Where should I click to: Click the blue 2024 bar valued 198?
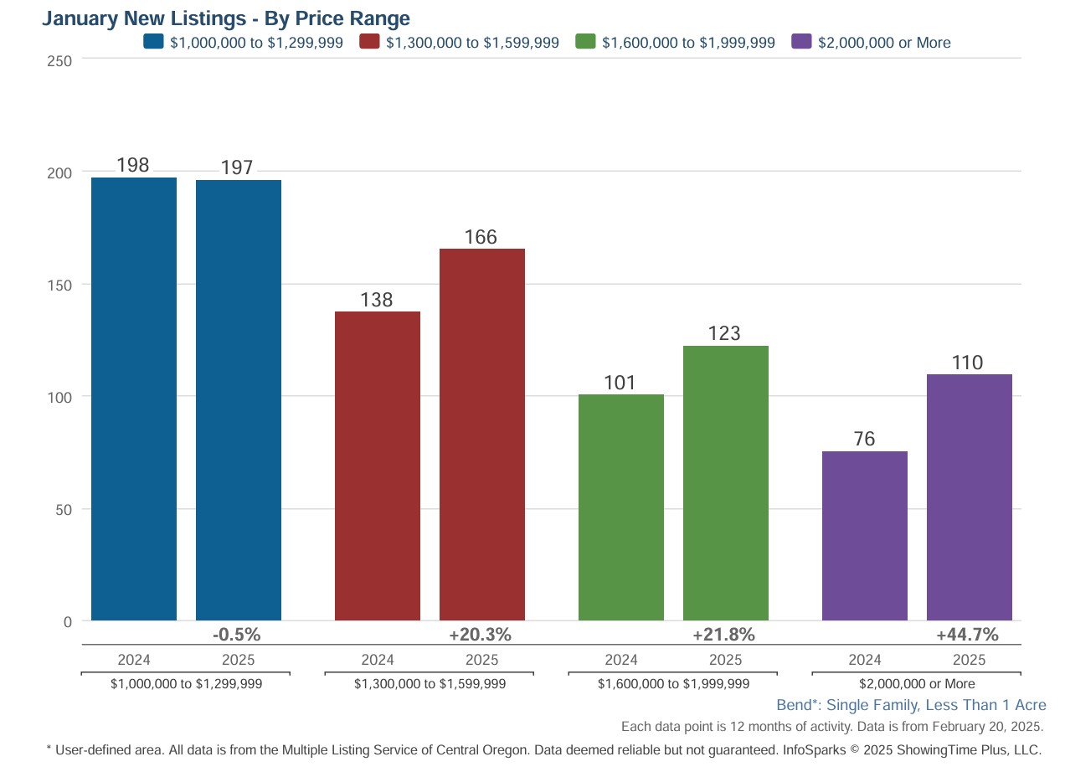click(x=134, y=399)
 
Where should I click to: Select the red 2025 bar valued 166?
click(x=482, y=435)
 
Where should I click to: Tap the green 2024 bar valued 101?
click(x=621, y=507)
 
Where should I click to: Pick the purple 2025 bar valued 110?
click(x=970, y=497)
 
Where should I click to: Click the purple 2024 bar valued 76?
click(x=865, y=536)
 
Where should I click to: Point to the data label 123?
click(x=724, y=333)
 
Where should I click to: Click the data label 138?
click(x=377, y=300)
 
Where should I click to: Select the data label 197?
click(x=237, y=167)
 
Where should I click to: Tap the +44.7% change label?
click(x=967, y=635)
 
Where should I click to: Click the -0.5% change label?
click(x=237, y=635)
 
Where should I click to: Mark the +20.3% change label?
click(x=480, y=635)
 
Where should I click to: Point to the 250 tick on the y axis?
click(x=64, y=60)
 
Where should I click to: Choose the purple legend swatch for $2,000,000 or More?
click(x=801, y=42)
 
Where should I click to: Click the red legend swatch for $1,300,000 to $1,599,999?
click(x=369, y=42)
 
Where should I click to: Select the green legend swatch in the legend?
click(x=585, y=42)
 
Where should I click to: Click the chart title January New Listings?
click(x=226, y=18)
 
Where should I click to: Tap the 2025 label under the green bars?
click(x=725, y=660)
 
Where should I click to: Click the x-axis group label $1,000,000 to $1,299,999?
click(x=187, y=684)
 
